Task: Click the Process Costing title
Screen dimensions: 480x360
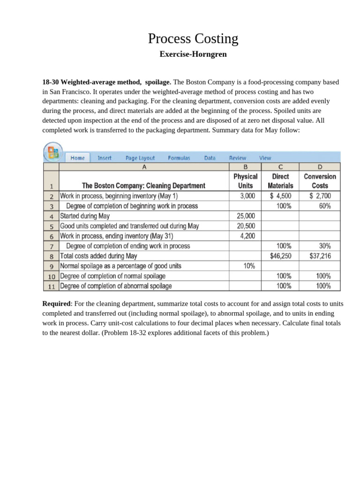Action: click(x=193, y=39)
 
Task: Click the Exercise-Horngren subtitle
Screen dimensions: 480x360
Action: click(x=193, y=54)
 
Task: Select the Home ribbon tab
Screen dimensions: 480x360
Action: click(x=78, y=158)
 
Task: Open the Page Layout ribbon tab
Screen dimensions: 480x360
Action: click(x=140, y=158)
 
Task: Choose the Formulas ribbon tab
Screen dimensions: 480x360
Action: click(x=179, y=158)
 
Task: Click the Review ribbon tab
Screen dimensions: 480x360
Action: click(x=237, y=158)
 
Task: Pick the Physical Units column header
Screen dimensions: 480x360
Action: click(x=246, y=181)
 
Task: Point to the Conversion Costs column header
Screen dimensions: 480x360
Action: click(x=320, y=181)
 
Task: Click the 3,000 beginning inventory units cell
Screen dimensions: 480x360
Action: click(x=247, y=196)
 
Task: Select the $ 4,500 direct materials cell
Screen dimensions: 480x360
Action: click(x=281, y=196)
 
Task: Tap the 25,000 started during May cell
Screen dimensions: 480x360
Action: click(x=246, y=216)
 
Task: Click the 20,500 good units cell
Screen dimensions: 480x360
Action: click(x=246, y=226)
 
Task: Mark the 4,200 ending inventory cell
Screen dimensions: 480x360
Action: click(x=247, y=236)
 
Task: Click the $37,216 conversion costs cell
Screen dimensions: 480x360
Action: click(x=320, y=256)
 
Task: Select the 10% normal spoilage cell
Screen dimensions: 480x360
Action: click(x=249, y=266)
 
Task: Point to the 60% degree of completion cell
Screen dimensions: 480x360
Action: click(x=325, y=206)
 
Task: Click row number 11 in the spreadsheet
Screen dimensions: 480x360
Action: click(x=52, y=286)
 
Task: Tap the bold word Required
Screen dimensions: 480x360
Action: click(x=56, y=303)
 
